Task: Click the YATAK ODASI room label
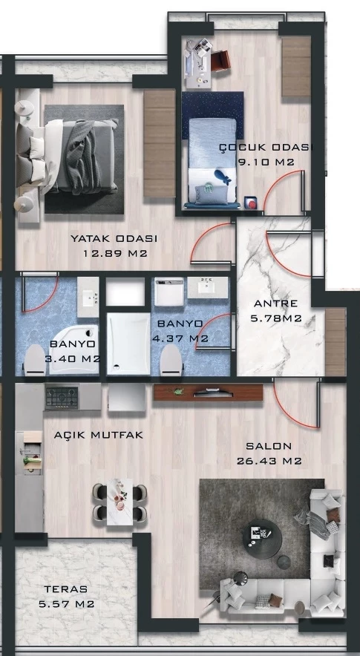point(114,239)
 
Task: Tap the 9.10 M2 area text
point(266,163)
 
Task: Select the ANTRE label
point(276,304)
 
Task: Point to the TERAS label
point(66,589)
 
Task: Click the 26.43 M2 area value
point(269,462)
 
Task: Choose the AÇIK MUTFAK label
point(99,435)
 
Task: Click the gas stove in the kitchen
point(62,397)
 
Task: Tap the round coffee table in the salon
point(263,539)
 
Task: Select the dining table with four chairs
point(120,502)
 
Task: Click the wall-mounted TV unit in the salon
point(208,393)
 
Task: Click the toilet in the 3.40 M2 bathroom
point(35,361)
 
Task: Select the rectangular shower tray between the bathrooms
point(128,344)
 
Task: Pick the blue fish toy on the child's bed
point(222,177)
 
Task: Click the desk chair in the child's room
point(220,60)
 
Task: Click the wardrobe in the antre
point(336,342)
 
